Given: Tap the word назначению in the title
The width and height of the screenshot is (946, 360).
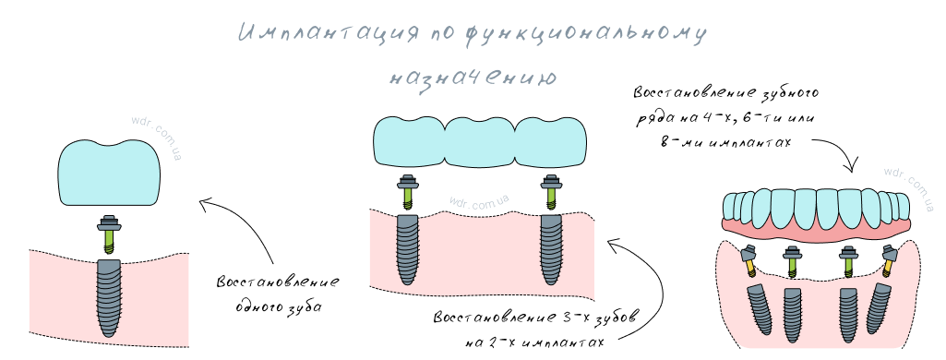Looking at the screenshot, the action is click(472, 77).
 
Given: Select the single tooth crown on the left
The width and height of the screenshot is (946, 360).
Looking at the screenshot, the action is click(109, 174).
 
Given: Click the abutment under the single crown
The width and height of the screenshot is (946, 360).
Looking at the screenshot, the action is click(109, 233).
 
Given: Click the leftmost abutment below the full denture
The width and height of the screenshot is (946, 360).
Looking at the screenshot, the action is click(749, 260).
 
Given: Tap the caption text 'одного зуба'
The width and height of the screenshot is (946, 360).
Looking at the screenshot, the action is click(278, 306).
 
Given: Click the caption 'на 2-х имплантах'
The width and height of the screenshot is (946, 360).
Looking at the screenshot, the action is click(535, 342).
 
